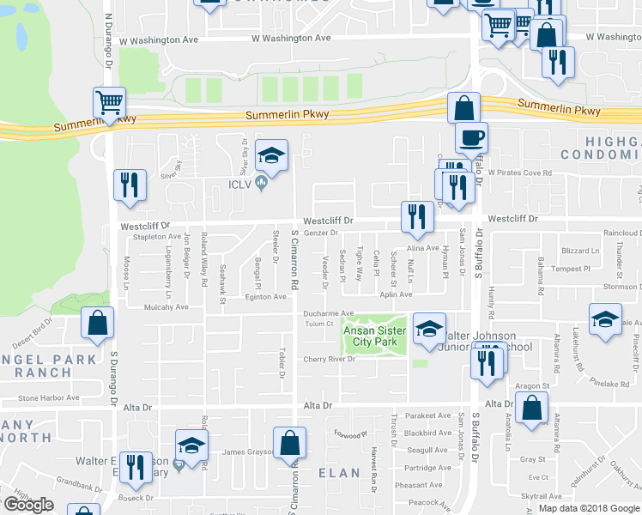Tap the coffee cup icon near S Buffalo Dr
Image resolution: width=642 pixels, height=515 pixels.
[x=469, y=137]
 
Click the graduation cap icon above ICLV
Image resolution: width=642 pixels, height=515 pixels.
[x=272, y=155]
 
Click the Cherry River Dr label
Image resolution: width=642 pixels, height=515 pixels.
[x=327, y=359]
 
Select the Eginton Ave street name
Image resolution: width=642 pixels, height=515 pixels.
[x=266, y=296]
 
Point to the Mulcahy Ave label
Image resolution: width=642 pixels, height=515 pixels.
[x=167, y=306]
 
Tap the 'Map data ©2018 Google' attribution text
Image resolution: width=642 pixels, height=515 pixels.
[x=588, y=508]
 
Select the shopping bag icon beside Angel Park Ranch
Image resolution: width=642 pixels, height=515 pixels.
[x=97, y=324]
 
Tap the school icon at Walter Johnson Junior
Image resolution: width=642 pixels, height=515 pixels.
[x=429, y=330]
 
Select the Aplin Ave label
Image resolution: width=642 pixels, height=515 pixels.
[x=397, y=294]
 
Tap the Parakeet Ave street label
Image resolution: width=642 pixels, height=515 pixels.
[x=427, y=415]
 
